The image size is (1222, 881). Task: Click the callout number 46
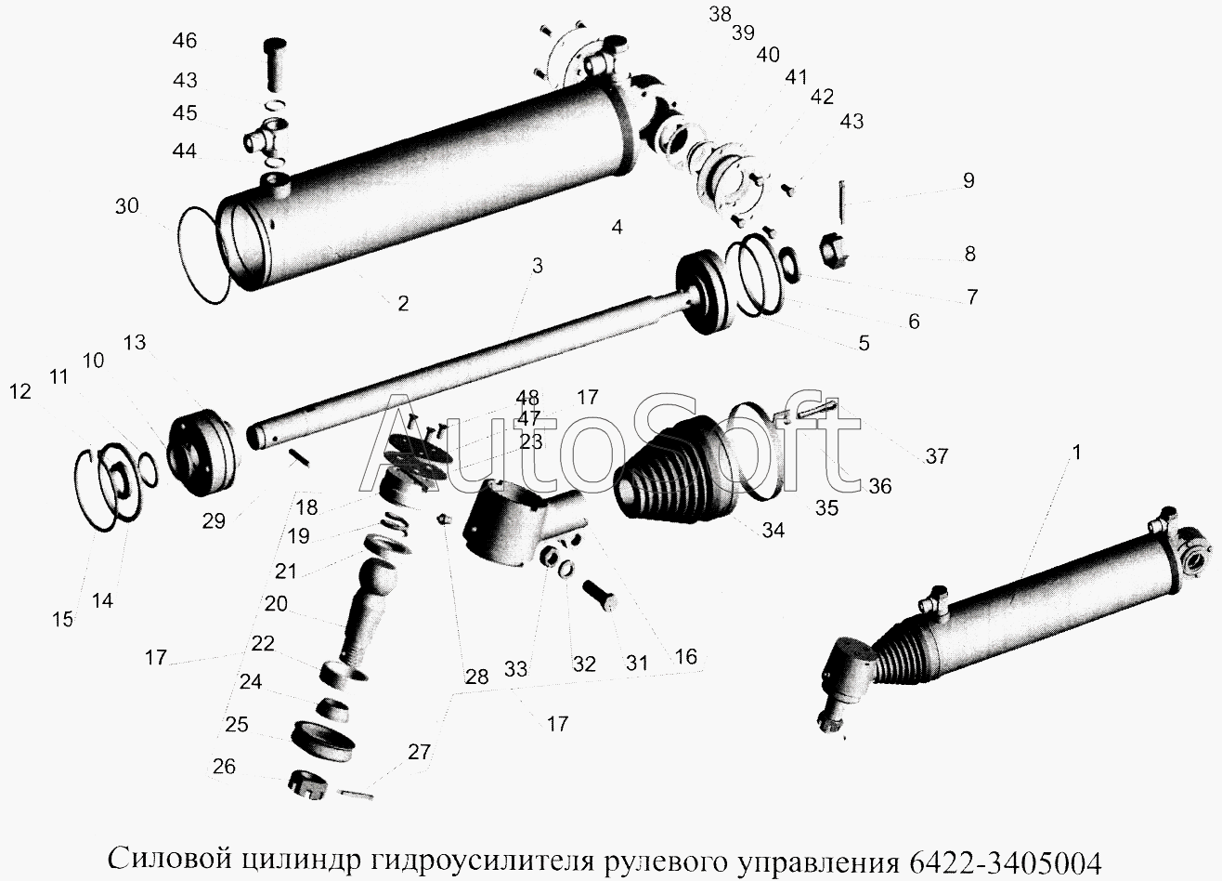[185, 41]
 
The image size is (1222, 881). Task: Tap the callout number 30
[126, 206]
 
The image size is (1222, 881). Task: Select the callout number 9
[968, 180]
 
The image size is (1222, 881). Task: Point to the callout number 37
[937, 456]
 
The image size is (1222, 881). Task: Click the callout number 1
[1076, 453]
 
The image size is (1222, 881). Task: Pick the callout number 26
[224, 767]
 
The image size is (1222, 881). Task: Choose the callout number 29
[214, 521]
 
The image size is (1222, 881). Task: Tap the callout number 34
[773, 530]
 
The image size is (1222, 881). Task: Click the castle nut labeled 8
[834, 252]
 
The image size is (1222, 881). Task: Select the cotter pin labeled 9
[842, 202]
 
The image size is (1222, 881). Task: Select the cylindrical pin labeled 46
[276, 65]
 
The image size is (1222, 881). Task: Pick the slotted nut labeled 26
[306, 785]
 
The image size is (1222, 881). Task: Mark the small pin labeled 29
[299, 458]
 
